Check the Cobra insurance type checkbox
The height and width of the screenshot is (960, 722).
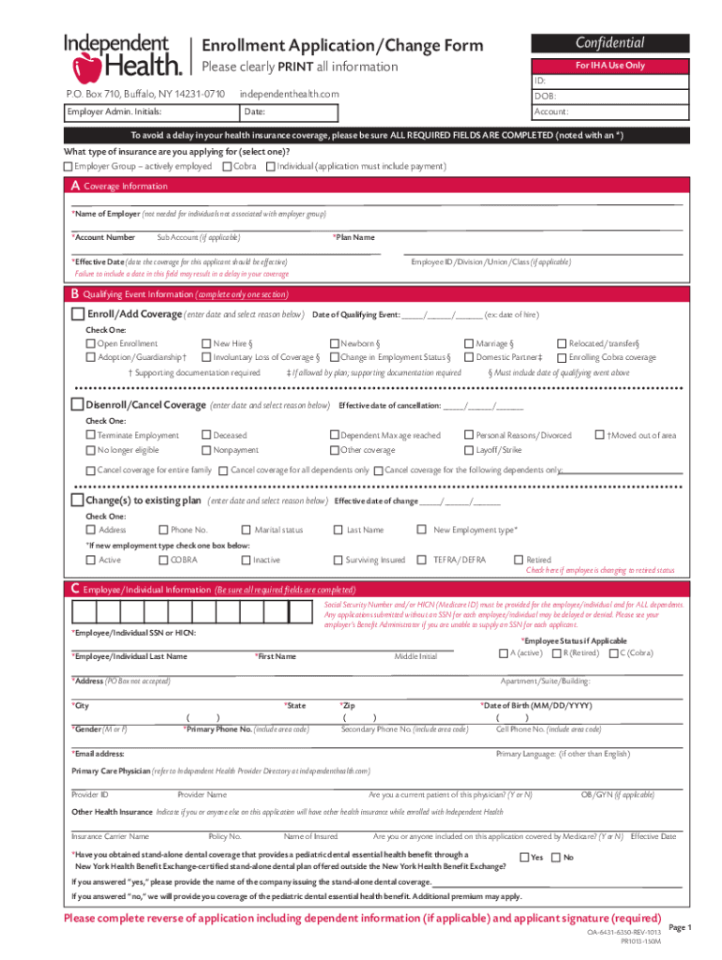[227, 167]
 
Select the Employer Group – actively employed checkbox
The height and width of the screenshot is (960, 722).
[68, 167]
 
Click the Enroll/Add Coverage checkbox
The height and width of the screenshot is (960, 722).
[78, 314]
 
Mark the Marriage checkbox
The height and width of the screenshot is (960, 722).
[470, 344]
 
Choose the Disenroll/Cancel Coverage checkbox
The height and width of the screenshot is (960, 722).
[78, 405]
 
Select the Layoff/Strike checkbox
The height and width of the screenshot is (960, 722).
[470, 450]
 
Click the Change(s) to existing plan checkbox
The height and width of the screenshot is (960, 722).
[78, 501]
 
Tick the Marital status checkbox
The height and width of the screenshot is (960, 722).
[247, 531]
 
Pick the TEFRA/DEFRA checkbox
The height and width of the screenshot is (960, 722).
[424, 561]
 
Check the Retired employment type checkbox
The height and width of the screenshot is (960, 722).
[518, 561]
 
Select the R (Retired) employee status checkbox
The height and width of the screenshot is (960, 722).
[556, 653]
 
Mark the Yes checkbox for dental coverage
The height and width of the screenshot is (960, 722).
[524, 857]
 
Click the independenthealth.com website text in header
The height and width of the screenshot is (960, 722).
[289, 94]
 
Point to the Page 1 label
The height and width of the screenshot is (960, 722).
[679, 927]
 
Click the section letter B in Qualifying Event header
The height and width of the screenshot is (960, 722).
[75, 292]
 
